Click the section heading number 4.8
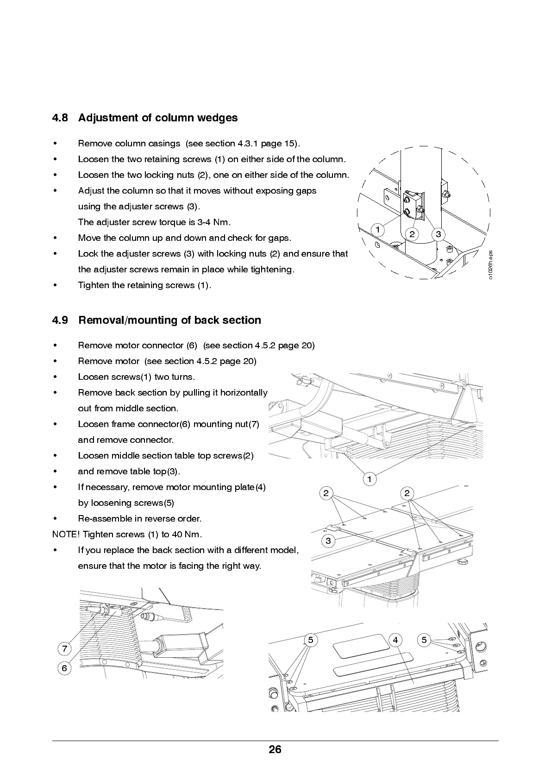tap(60, 118)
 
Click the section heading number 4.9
tap(60, 320)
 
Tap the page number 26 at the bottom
tap(275, 749)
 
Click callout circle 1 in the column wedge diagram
tap(378, 230)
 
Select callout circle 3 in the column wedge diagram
tap(438, 234)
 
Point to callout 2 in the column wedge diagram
tap(412, 234)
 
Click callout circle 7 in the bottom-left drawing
tap(64, 648)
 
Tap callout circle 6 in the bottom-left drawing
tap(64, 668)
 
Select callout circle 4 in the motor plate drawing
tap(395, 640)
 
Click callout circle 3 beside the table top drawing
tap(328, 541)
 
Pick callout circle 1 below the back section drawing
tap(369, 479)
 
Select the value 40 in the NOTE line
tap(177, 534)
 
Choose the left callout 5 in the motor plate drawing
tap(310, 640)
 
